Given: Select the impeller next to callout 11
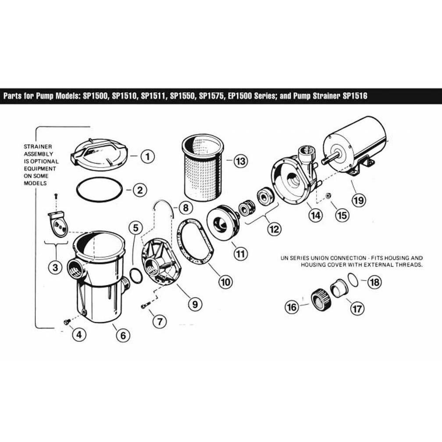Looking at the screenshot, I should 222,224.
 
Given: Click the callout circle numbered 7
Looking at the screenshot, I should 160,321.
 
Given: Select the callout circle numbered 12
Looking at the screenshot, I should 275,228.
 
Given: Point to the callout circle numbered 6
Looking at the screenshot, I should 122,335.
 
